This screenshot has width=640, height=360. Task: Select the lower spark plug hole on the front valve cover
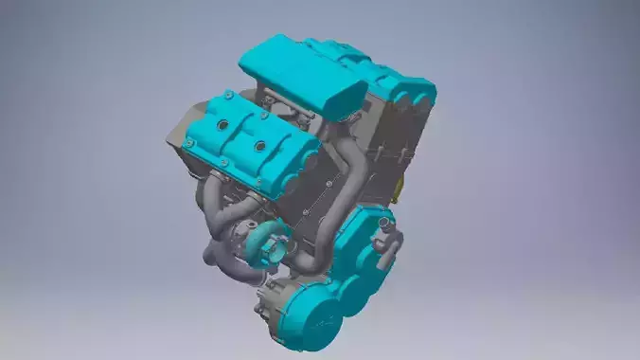258,148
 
